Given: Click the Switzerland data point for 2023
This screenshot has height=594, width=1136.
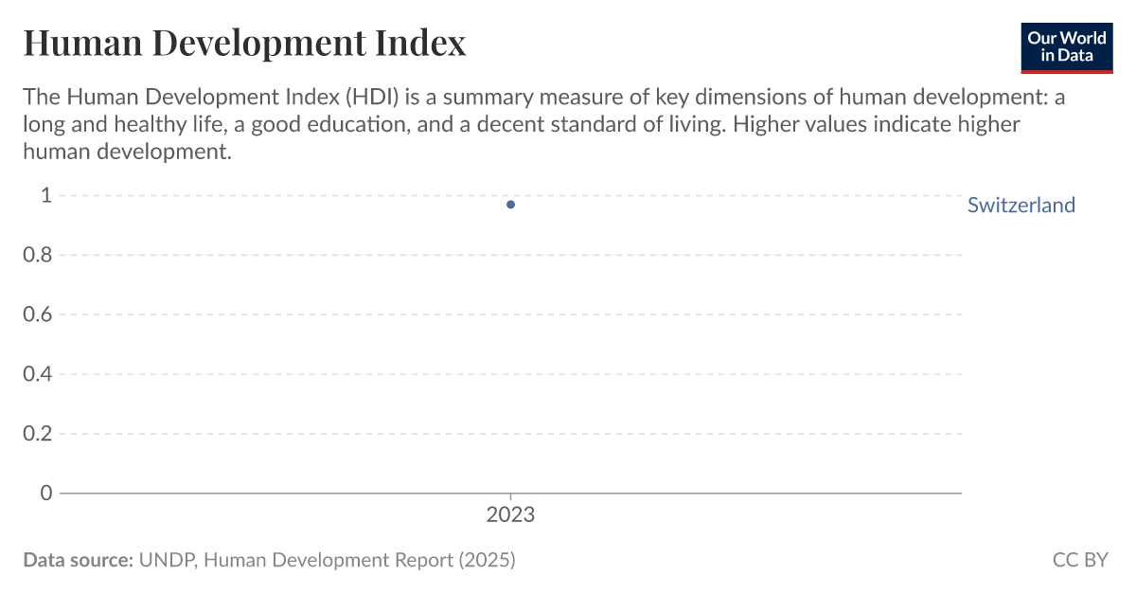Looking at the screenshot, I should [511, 205].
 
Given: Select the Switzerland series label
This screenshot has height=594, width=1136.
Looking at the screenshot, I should [1021, 206].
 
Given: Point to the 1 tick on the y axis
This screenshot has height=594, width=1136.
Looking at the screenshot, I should [44, 196].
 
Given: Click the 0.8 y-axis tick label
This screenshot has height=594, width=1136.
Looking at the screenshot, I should [38, 255].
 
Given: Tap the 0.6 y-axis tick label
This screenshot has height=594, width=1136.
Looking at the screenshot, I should [38, 315].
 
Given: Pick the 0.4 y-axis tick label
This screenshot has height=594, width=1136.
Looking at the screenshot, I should [38, 374].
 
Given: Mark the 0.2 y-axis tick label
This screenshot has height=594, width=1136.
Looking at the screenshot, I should [38, 434].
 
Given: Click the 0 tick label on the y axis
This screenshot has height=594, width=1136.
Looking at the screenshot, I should [44, 493].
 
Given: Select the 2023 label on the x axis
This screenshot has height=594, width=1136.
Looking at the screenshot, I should [510, 515].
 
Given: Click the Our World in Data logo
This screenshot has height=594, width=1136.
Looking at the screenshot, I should [1066, 47].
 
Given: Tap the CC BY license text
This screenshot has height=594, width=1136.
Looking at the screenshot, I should [1079, 560].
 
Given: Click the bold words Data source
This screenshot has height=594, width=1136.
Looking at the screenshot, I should [78, 560].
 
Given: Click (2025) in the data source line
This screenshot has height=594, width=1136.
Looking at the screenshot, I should [487, 560].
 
